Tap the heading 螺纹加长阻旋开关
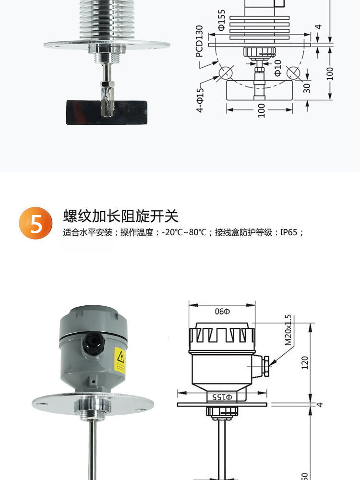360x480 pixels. tap(120, 216)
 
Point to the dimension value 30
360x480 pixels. tap(307, 87)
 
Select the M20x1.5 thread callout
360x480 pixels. tap(288, 331)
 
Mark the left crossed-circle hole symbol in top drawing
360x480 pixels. tap(225, 73)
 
